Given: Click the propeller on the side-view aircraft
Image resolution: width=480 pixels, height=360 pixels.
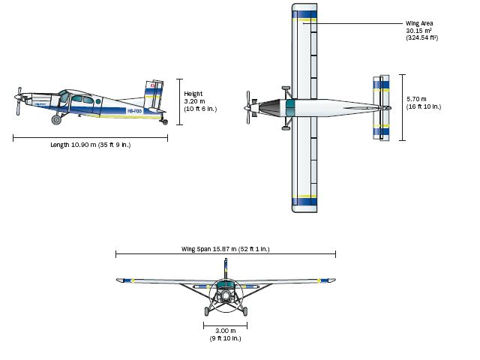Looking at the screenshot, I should (18, 100).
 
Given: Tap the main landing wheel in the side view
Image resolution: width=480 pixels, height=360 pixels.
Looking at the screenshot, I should (56, 119).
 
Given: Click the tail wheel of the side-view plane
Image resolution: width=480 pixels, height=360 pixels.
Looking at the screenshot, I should (165, 121).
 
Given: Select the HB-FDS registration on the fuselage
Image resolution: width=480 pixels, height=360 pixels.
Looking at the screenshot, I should (134, 111).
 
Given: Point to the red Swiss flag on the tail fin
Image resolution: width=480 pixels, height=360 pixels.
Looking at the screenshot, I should (153, 86).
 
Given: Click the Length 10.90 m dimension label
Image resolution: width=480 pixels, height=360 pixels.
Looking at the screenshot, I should (90, 145).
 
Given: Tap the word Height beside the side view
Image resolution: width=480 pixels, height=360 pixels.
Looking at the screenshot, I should (193, 94).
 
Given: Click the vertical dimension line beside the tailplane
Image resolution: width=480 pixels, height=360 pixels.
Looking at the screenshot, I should (403, 107).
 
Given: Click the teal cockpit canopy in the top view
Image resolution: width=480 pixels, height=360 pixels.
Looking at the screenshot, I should (287, 107).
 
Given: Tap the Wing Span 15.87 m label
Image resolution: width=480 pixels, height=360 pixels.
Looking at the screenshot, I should (225, 248).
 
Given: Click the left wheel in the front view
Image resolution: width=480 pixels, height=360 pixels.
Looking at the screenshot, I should (208, 311).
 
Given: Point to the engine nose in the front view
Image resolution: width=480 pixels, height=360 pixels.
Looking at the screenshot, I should (225, 296).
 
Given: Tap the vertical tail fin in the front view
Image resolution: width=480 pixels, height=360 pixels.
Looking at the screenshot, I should (225, 268).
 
